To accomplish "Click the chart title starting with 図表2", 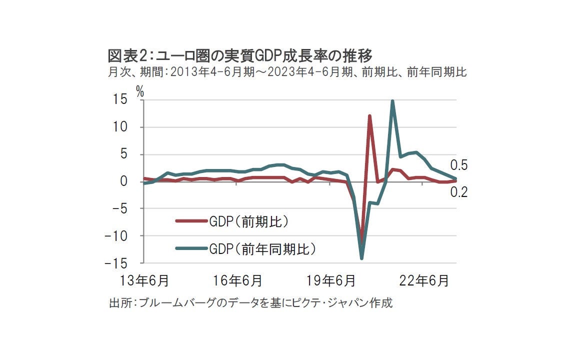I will coord(240,54).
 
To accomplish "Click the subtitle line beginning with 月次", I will coord(287,72).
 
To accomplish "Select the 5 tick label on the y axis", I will coord(123,154).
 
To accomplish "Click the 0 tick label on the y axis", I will coord(123,181).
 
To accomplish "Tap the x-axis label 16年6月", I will coord(238,281).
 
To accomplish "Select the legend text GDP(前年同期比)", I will coord(262,248).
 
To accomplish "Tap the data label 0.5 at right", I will coord(458,165).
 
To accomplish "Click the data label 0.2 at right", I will coord(458,191).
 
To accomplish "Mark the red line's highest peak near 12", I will coord(369,116).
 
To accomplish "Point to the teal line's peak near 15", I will coord(392,101).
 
